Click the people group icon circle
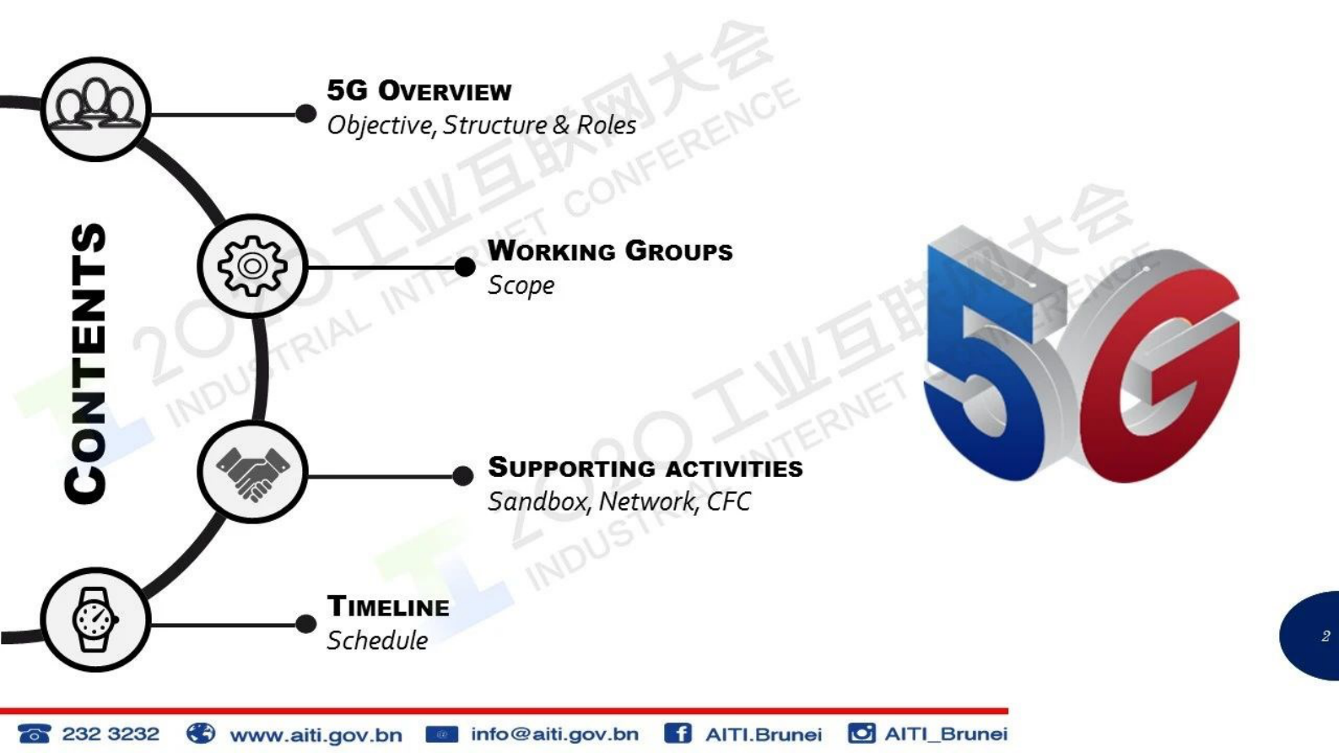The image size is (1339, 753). (95, 110)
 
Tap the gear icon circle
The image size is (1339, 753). (253, 266)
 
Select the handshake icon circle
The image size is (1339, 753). (253, 472)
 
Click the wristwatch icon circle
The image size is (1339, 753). (95, 620)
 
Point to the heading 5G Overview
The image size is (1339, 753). (419, 91)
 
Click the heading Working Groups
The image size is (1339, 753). (610, 251)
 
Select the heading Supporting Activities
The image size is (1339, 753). (645, 467)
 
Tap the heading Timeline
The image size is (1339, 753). (388, 606)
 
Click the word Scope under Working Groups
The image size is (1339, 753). (521, 285)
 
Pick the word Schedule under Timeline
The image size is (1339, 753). (377, 641)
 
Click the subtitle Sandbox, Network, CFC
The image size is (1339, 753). (619, 501)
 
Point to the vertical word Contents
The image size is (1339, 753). (85, 363)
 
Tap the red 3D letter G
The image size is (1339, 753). (1159, 371)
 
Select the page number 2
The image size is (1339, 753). (1326, 636)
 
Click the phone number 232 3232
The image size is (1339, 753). (111, 734)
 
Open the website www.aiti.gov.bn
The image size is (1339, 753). (316, 734)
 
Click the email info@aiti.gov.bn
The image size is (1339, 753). (554, 734)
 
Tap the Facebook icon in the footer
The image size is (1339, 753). (678, 734)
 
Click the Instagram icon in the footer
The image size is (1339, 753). (861, 734)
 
